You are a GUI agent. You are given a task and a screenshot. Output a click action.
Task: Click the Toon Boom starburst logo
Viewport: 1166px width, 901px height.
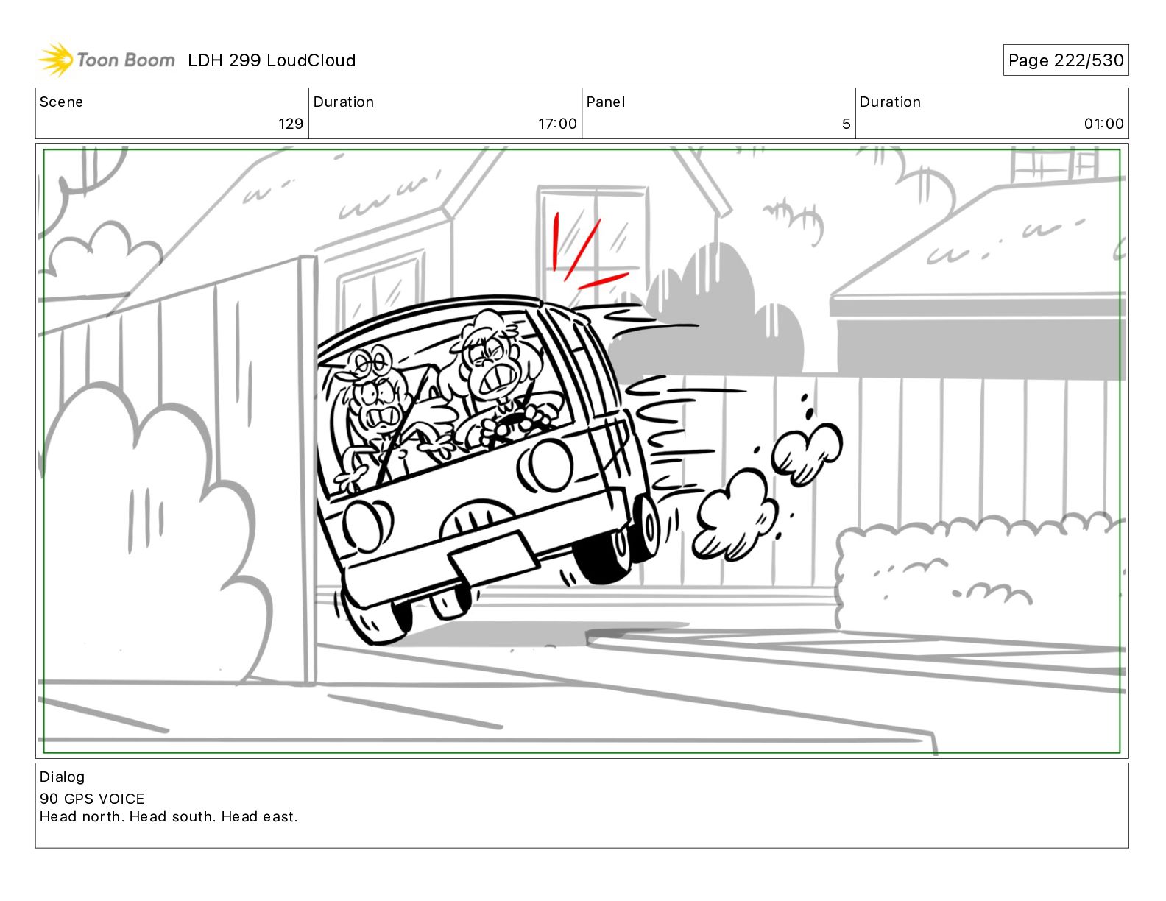tap(55, 60)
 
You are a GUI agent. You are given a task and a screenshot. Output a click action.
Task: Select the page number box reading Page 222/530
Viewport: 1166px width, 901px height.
tap(1066, 60)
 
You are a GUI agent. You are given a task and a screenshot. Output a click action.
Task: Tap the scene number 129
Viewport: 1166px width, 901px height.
tap(291, 124)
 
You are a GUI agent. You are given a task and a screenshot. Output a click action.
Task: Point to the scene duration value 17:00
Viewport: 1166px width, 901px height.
tap(557, 124)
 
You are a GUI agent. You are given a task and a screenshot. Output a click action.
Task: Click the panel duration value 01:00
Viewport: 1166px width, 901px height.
tap(1103, 124)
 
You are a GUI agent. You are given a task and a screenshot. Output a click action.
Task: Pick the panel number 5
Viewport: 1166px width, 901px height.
tap(847, 124)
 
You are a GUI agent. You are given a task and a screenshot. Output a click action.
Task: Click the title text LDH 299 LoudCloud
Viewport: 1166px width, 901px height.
tap(272, 60)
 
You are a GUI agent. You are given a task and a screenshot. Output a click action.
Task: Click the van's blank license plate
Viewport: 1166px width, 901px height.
tap(494, 556)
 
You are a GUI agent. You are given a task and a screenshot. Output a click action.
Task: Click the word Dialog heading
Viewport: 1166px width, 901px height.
tap(62, 777)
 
